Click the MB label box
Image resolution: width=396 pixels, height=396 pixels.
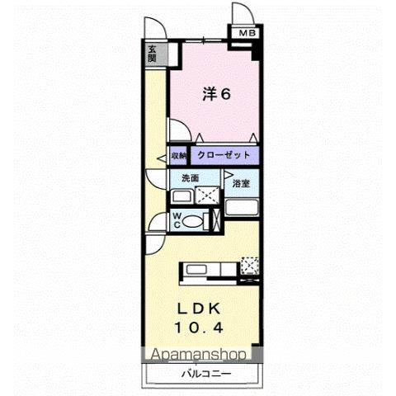[x=247, y=33]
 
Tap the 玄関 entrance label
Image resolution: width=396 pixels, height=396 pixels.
[x=153, y=54]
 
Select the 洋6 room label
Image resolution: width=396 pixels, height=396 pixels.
[x=216, y=94]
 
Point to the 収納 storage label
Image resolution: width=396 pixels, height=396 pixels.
[x=179, y=154]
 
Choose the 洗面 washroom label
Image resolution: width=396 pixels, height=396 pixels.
[x=181, y=178]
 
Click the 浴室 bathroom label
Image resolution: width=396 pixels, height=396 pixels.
[x=241, y=182]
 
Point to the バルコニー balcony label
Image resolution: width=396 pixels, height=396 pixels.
[x=206, y=375]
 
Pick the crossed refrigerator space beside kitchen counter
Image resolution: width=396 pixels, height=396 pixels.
[x=250, y=266]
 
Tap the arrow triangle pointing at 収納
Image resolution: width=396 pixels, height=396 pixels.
[x=163, y=155]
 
